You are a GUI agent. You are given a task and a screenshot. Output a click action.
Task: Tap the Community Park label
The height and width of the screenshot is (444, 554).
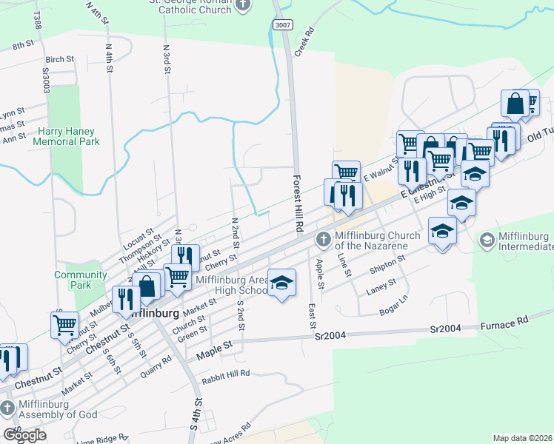[x=81, y=280]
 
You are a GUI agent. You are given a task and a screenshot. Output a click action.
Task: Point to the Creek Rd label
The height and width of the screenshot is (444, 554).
[x=305, y=42]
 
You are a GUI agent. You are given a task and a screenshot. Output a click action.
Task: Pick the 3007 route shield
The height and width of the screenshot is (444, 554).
[x=282, y=24]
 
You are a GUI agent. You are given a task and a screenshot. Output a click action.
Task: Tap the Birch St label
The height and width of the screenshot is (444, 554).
[x=59, y=59]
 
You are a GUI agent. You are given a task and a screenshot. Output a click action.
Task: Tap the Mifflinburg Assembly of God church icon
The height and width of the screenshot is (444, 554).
[x=7, y=408]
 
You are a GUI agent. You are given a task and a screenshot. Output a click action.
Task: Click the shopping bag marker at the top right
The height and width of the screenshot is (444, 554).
[x=515, y=104]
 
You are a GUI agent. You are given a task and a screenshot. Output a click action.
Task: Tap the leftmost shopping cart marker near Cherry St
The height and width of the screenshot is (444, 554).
[x=64, y=324]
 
